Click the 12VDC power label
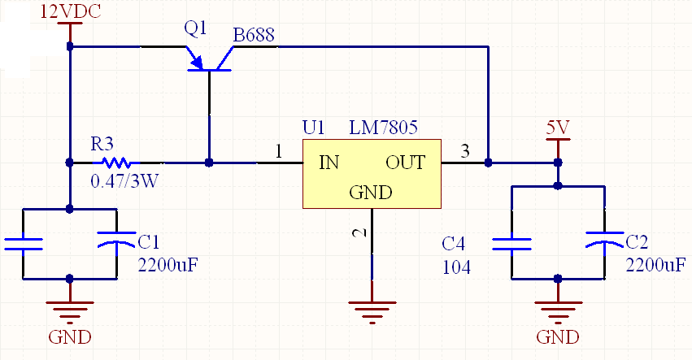click(71, 12)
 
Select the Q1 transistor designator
click(195, 28)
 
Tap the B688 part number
click(254, 35)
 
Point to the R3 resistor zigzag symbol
click(117, 163)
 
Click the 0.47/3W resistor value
click(124, 181)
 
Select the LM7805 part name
click(383, 128)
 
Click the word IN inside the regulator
click(329, 163)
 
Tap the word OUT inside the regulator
click(405, 163)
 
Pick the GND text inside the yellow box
click(371, 193)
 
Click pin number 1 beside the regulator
click(278, 151)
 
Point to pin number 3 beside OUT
click(465, 151)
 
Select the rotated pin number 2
click(361, 232)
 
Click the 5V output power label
click(558, 128)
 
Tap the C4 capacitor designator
click(453, 244)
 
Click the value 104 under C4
click(456, 267)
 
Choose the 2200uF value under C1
click(168, 265)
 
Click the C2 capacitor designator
click(637, 242)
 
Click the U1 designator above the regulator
click(313, 128)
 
